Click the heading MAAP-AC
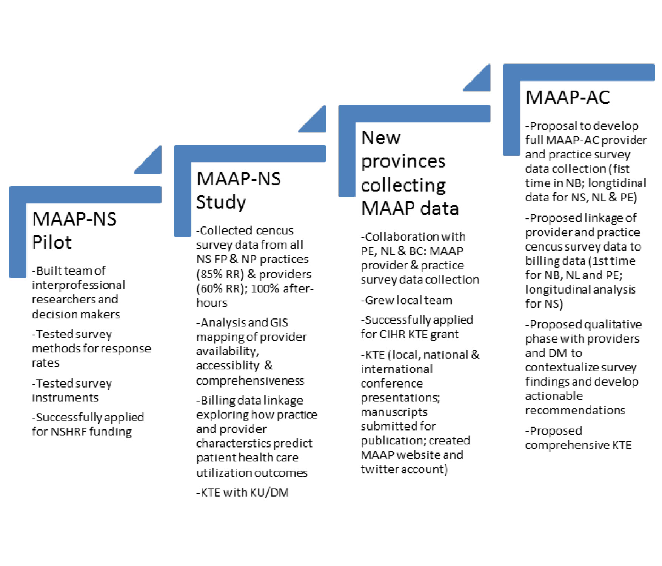pos(567,97)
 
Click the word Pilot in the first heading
pos(52,242)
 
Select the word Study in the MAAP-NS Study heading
pos(221,202)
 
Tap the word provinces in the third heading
pos(403,162)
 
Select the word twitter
pos(379,469)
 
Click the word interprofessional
pos(79,285)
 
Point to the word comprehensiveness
pos(250,381)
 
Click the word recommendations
pos(575,410)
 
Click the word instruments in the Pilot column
pos(65,398)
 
